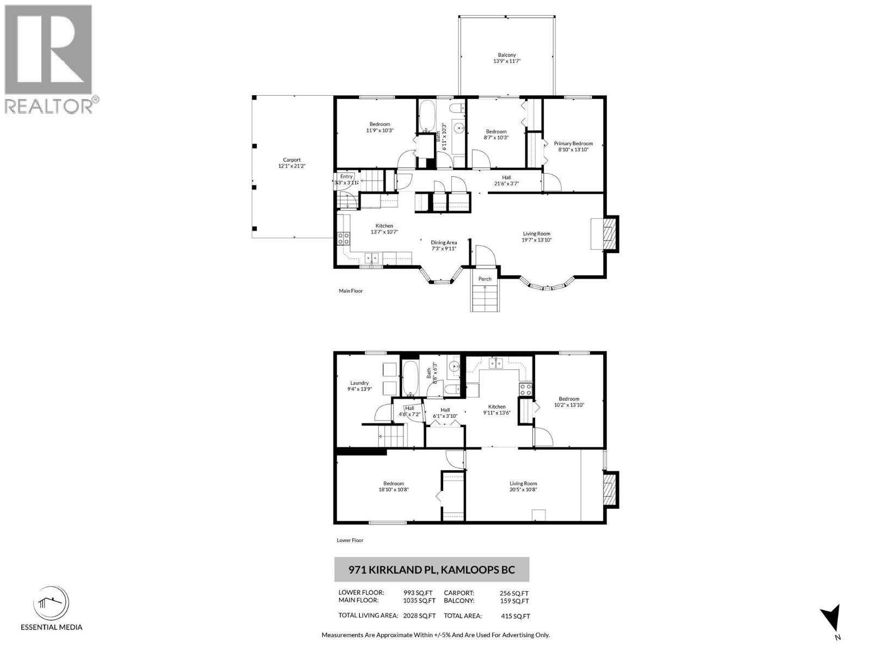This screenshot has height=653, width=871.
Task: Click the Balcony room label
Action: coord(507,58)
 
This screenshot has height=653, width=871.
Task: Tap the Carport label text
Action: coord(292,163)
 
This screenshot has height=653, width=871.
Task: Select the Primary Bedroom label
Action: coord(573,146)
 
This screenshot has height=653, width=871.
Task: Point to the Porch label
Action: coord(484,279)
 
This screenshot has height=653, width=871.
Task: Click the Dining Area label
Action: coord(444,245)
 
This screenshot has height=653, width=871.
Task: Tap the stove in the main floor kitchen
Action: coord(344,238)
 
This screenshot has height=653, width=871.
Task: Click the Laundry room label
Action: coord(359,386)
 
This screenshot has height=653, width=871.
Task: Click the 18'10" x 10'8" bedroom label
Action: coord(393,486)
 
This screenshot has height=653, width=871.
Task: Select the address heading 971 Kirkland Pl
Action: coord(431,570)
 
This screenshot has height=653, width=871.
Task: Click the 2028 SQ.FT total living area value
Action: coord(419,616)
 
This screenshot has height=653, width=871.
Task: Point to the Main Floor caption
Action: coord(351,291)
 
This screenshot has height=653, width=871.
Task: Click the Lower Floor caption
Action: coord(350,540)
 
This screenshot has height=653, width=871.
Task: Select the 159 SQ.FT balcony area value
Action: coord(514,601)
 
